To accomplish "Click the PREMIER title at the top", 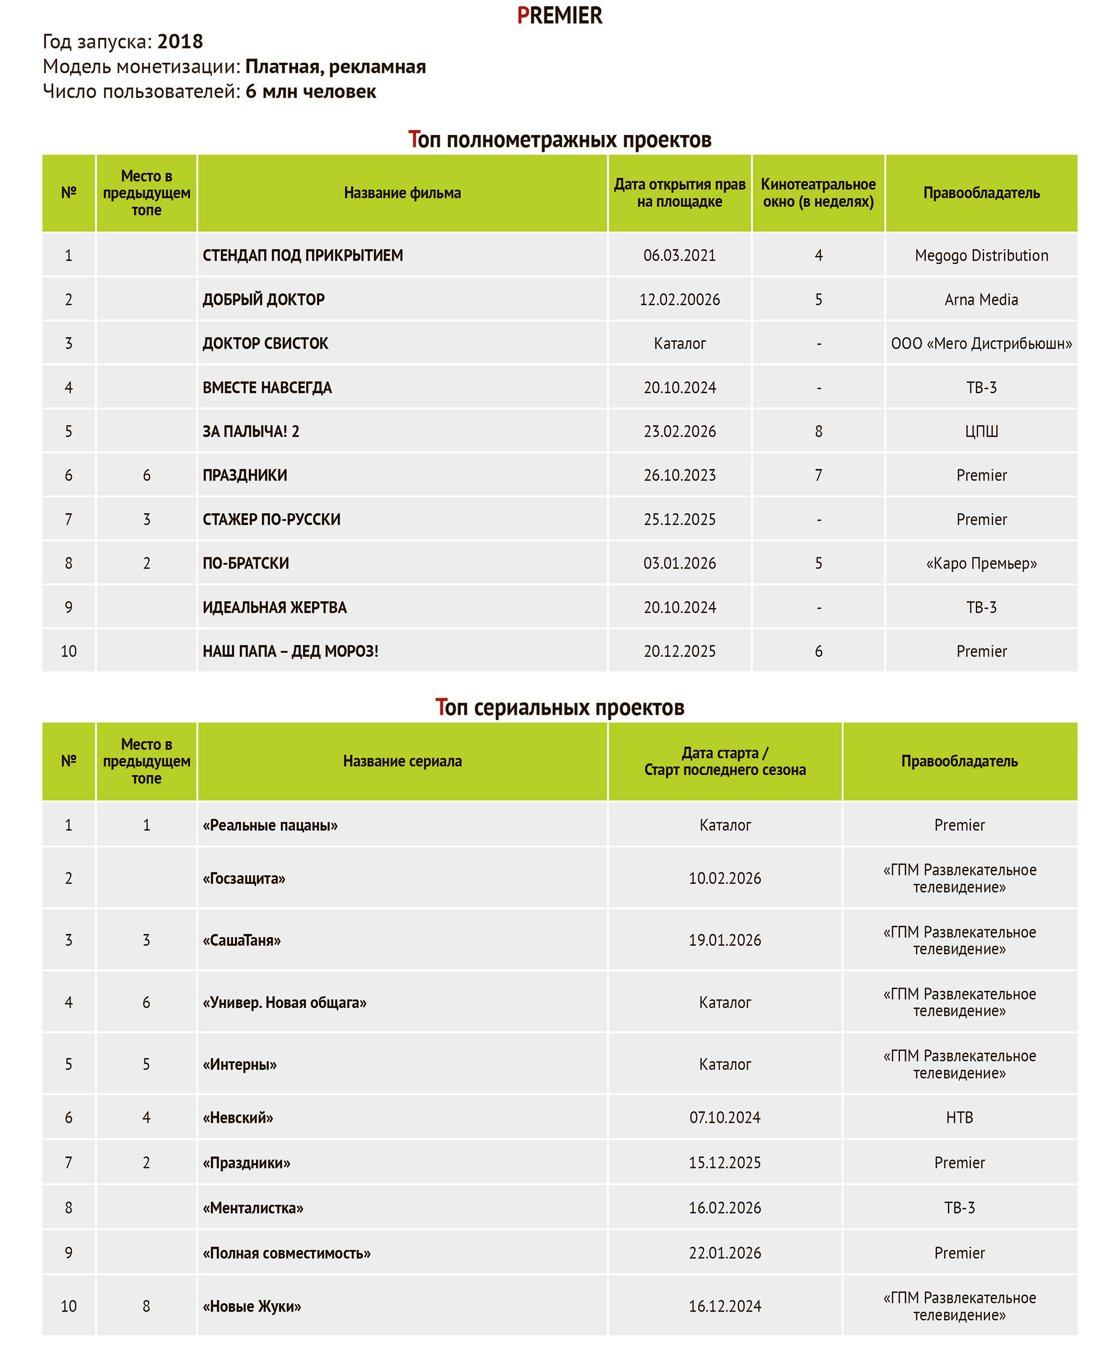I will (559, 15).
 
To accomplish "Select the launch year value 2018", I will (180, 41).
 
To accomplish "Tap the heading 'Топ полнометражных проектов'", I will (559, 139).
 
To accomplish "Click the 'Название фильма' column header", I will (402, 193).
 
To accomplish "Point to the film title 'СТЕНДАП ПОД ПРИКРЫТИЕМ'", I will (303, 255).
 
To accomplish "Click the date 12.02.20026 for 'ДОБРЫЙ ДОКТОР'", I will (679, 300).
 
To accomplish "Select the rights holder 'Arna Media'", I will (981, 300).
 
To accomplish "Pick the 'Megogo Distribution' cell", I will (981, 255).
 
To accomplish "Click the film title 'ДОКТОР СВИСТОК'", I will (265, 344).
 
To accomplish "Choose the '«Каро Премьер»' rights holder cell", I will (981, 564).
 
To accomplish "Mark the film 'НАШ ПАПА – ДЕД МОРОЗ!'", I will (290, 652).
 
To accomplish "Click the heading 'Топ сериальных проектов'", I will (559, 708).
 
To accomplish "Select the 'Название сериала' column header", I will (402, 761).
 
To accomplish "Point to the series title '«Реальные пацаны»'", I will (270, 826).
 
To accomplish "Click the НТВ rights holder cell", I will (959, 1118).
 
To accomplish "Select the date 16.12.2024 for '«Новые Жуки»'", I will (725, 1307).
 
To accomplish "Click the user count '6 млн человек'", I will (310, 92).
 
